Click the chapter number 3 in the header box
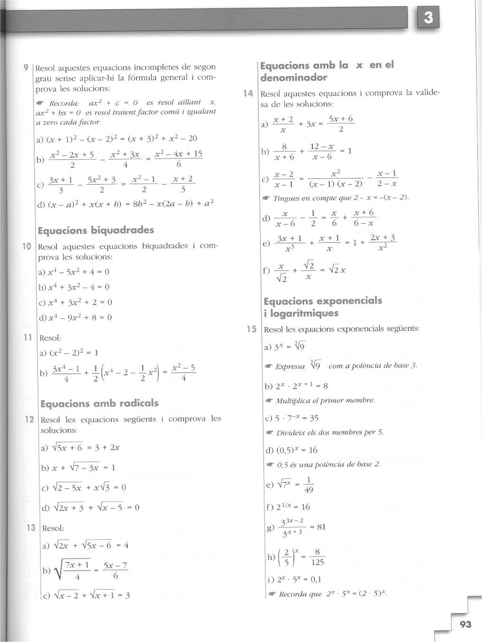coord(428,19)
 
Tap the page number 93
coord(465,624)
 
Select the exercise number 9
coord(27,67)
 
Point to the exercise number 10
coord(27,246)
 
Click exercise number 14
coord(248,93)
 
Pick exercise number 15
coord(251,329)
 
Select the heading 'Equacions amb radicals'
coord(99,403)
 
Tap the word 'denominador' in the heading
coord(294,77)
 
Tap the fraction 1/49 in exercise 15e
coord(309,484)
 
